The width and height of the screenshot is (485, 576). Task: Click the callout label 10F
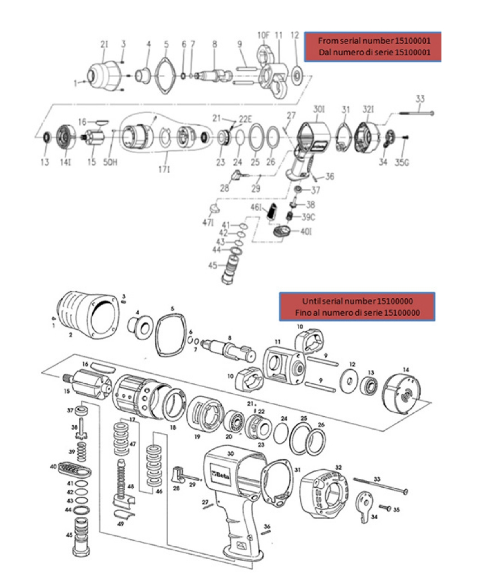pos(263,35)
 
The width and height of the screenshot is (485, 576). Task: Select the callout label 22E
pos(245,120)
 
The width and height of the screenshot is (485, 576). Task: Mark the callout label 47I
pos(208,222)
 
